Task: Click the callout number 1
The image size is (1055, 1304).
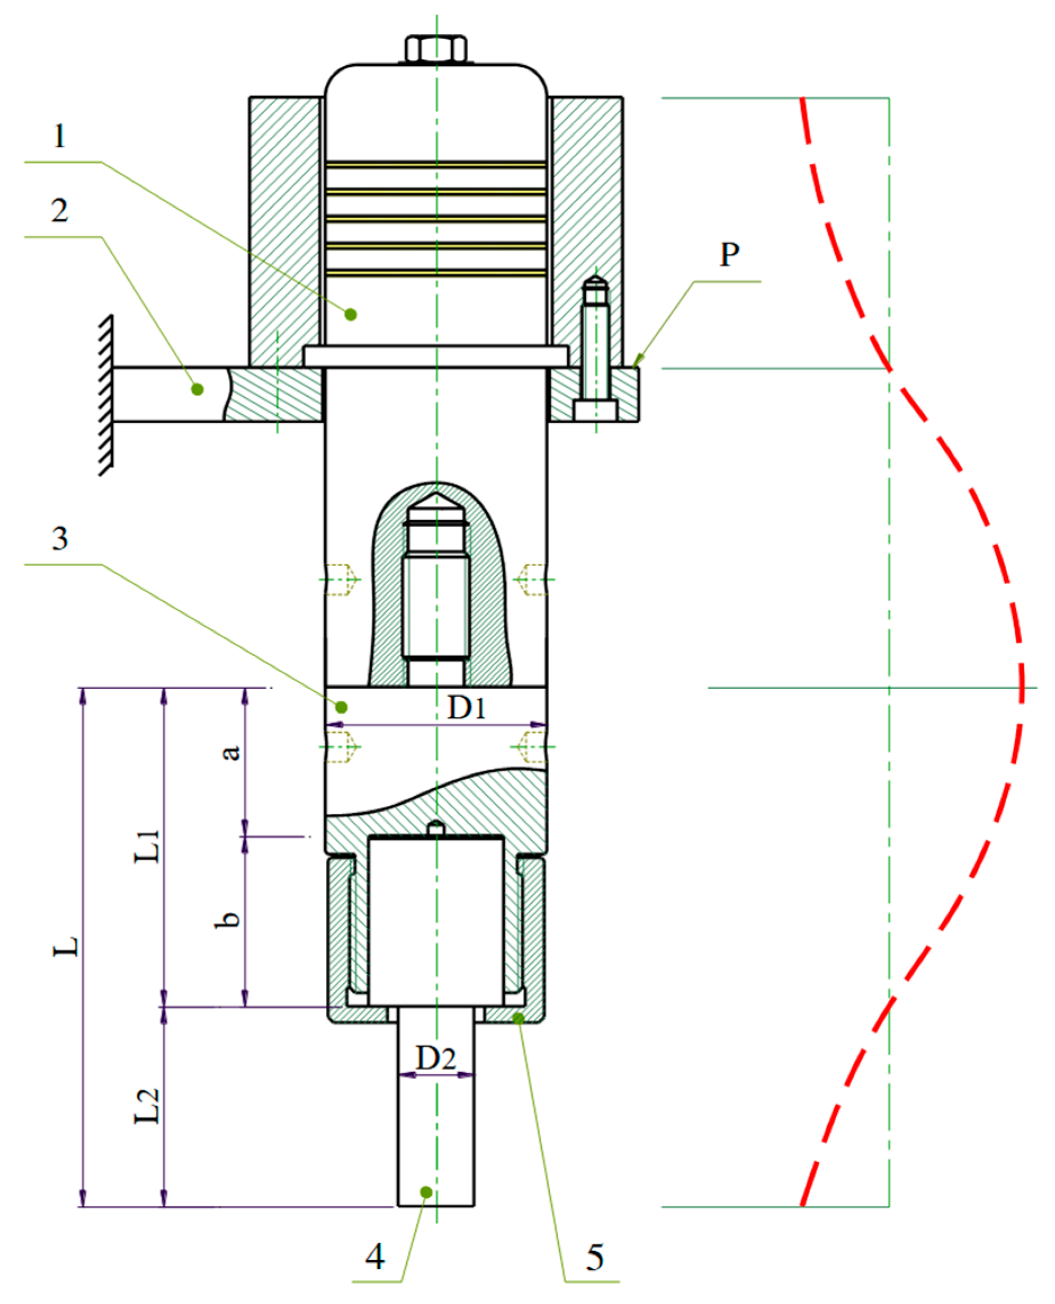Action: [x=59, y=136]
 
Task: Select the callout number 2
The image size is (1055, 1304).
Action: [x=59, y=210]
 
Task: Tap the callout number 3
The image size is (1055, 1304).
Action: [x=59, y=539]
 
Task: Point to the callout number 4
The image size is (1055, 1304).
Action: [x=375, y=1257]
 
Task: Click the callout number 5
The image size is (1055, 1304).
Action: [x=594, y=1257]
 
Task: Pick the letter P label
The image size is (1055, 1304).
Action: [x=730, y=254]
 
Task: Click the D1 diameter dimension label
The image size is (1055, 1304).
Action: [x=466, y=707]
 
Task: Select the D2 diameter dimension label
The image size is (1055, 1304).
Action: [x=436, y=1058]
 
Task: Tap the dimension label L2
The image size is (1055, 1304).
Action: [x=147, y=1106]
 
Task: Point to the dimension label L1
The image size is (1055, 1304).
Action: [x=147, y=846]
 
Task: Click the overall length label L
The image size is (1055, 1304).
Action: [x=66, y=946]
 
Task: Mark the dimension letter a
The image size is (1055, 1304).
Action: [x=230, y=752]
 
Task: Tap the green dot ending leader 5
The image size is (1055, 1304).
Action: [x=518, y=1018]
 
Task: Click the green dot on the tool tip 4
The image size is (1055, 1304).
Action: [x=426, y=1192]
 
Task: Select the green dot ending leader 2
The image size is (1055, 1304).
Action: [x=197, y=389]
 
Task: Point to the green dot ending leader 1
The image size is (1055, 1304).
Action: [x=351, y=314]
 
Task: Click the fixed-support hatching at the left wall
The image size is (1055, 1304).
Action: [x=106, y=395]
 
